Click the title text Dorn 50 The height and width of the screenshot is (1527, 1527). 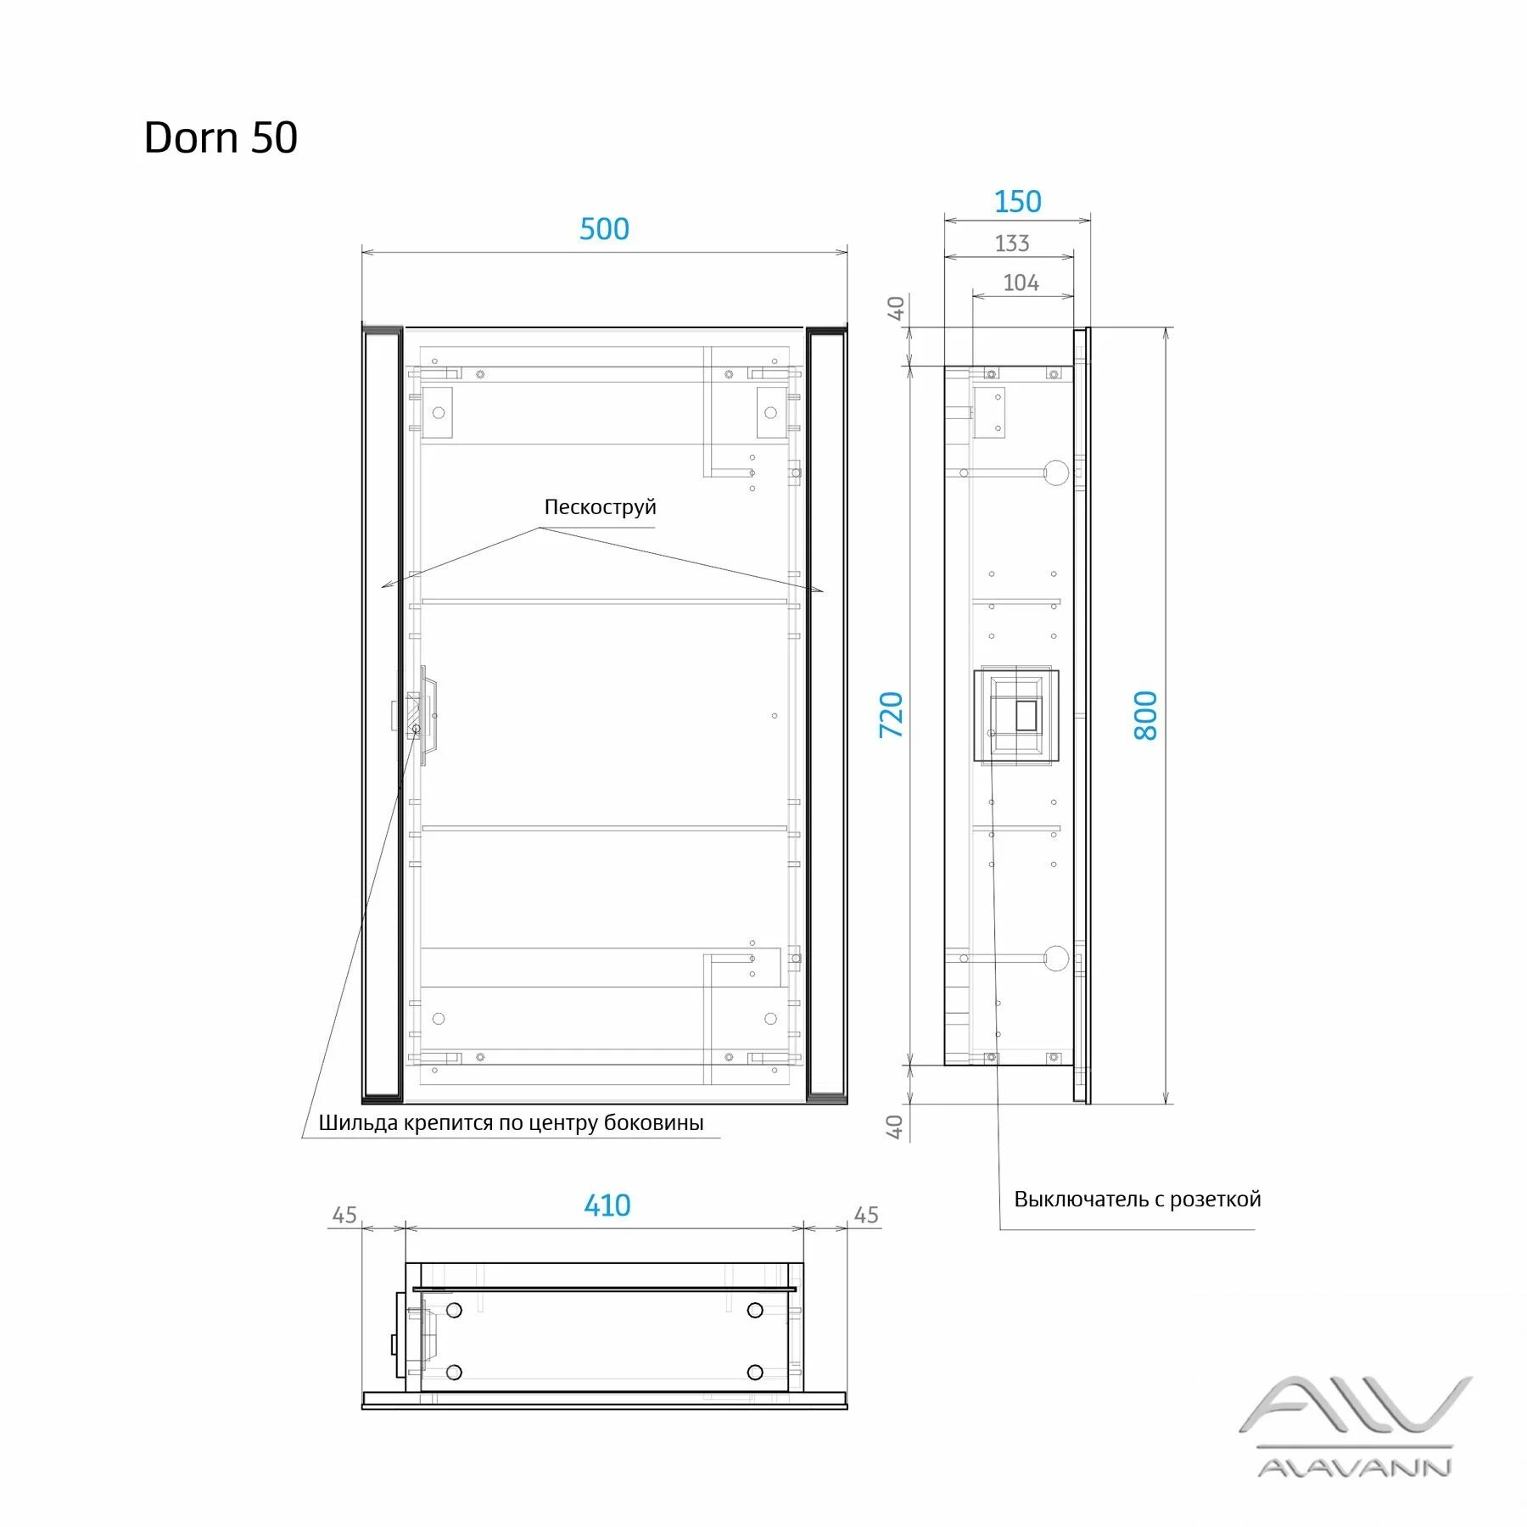tap(221, 137)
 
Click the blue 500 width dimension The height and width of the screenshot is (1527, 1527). tap(604, 229)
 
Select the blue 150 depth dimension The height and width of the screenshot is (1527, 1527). tap(1017, 202)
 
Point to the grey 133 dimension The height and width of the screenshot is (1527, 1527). tap(1011, 243)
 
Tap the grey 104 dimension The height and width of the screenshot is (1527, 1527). tap(1021, 282)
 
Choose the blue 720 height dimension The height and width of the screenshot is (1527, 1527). tap(891, 714)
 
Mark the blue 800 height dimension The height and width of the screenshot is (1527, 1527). tap(1145, 715)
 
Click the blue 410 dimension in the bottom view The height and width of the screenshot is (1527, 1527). tap(607, 1205)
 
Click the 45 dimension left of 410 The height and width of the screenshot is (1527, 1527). tap(344, 1215)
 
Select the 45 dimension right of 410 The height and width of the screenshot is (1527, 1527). tap(866, 1215)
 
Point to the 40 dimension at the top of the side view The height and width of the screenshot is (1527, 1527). tap(896, 308)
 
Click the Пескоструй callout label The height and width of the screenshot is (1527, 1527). tap(600, 507)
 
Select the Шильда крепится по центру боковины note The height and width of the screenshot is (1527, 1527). tap(511, 1122)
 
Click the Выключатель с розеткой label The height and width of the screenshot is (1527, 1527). tap(1137, 1199)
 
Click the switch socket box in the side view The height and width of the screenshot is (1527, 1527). tap(1015, 715)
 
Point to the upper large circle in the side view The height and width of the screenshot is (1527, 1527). tap(1056, 473)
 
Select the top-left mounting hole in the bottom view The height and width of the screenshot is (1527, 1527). tap(454, 1310)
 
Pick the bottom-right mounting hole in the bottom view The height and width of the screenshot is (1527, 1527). tap(755, 1372)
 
